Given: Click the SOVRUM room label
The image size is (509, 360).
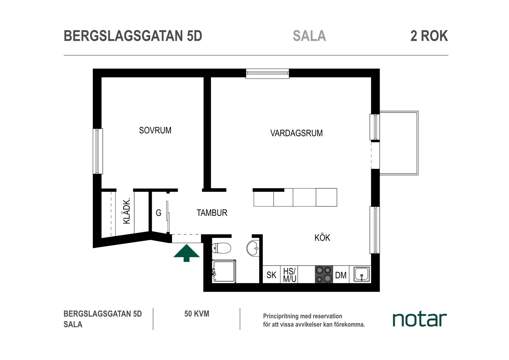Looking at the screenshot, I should (x=155, y=131).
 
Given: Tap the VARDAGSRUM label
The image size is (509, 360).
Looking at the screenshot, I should (x=296, y=133).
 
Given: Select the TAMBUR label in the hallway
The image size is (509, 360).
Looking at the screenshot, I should (x=212, y=213).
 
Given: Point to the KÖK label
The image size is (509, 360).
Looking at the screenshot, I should (x=322, y=238).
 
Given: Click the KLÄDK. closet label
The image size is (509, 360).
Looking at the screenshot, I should (x=127, y=211).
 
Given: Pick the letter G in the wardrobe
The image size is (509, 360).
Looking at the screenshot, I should (x=159, y=213).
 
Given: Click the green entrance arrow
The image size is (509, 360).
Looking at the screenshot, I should (x=186, y=253).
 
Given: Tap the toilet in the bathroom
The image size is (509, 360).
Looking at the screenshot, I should (x=221, y=248).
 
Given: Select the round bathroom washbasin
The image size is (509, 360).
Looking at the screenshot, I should (x=253, y=248).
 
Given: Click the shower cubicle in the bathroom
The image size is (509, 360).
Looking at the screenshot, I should (x=224, y=271).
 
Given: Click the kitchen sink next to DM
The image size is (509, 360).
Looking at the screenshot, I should (x=362, y=274).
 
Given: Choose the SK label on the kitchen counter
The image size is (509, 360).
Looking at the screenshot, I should (x=271, y=275).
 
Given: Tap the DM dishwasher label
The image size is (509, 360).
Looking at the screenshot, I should (x=341, y=275).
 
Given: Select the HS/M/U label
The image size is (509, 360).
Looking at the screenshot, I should (x=289, y=275).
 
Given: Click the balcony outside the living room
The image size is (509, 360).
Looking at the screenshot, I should (x=399, y=143).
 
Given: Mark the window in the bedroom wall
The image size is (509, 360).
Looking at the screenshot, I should (x=97, y=151).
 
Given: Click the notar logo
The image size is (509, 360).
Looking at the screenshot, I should (x=420, y=320).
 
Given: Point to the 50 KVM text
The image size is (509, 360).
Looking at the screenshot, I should (x=197, y=314).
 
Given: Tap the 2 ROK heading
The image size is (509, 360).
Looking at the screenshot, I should (x=429, y=36).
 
